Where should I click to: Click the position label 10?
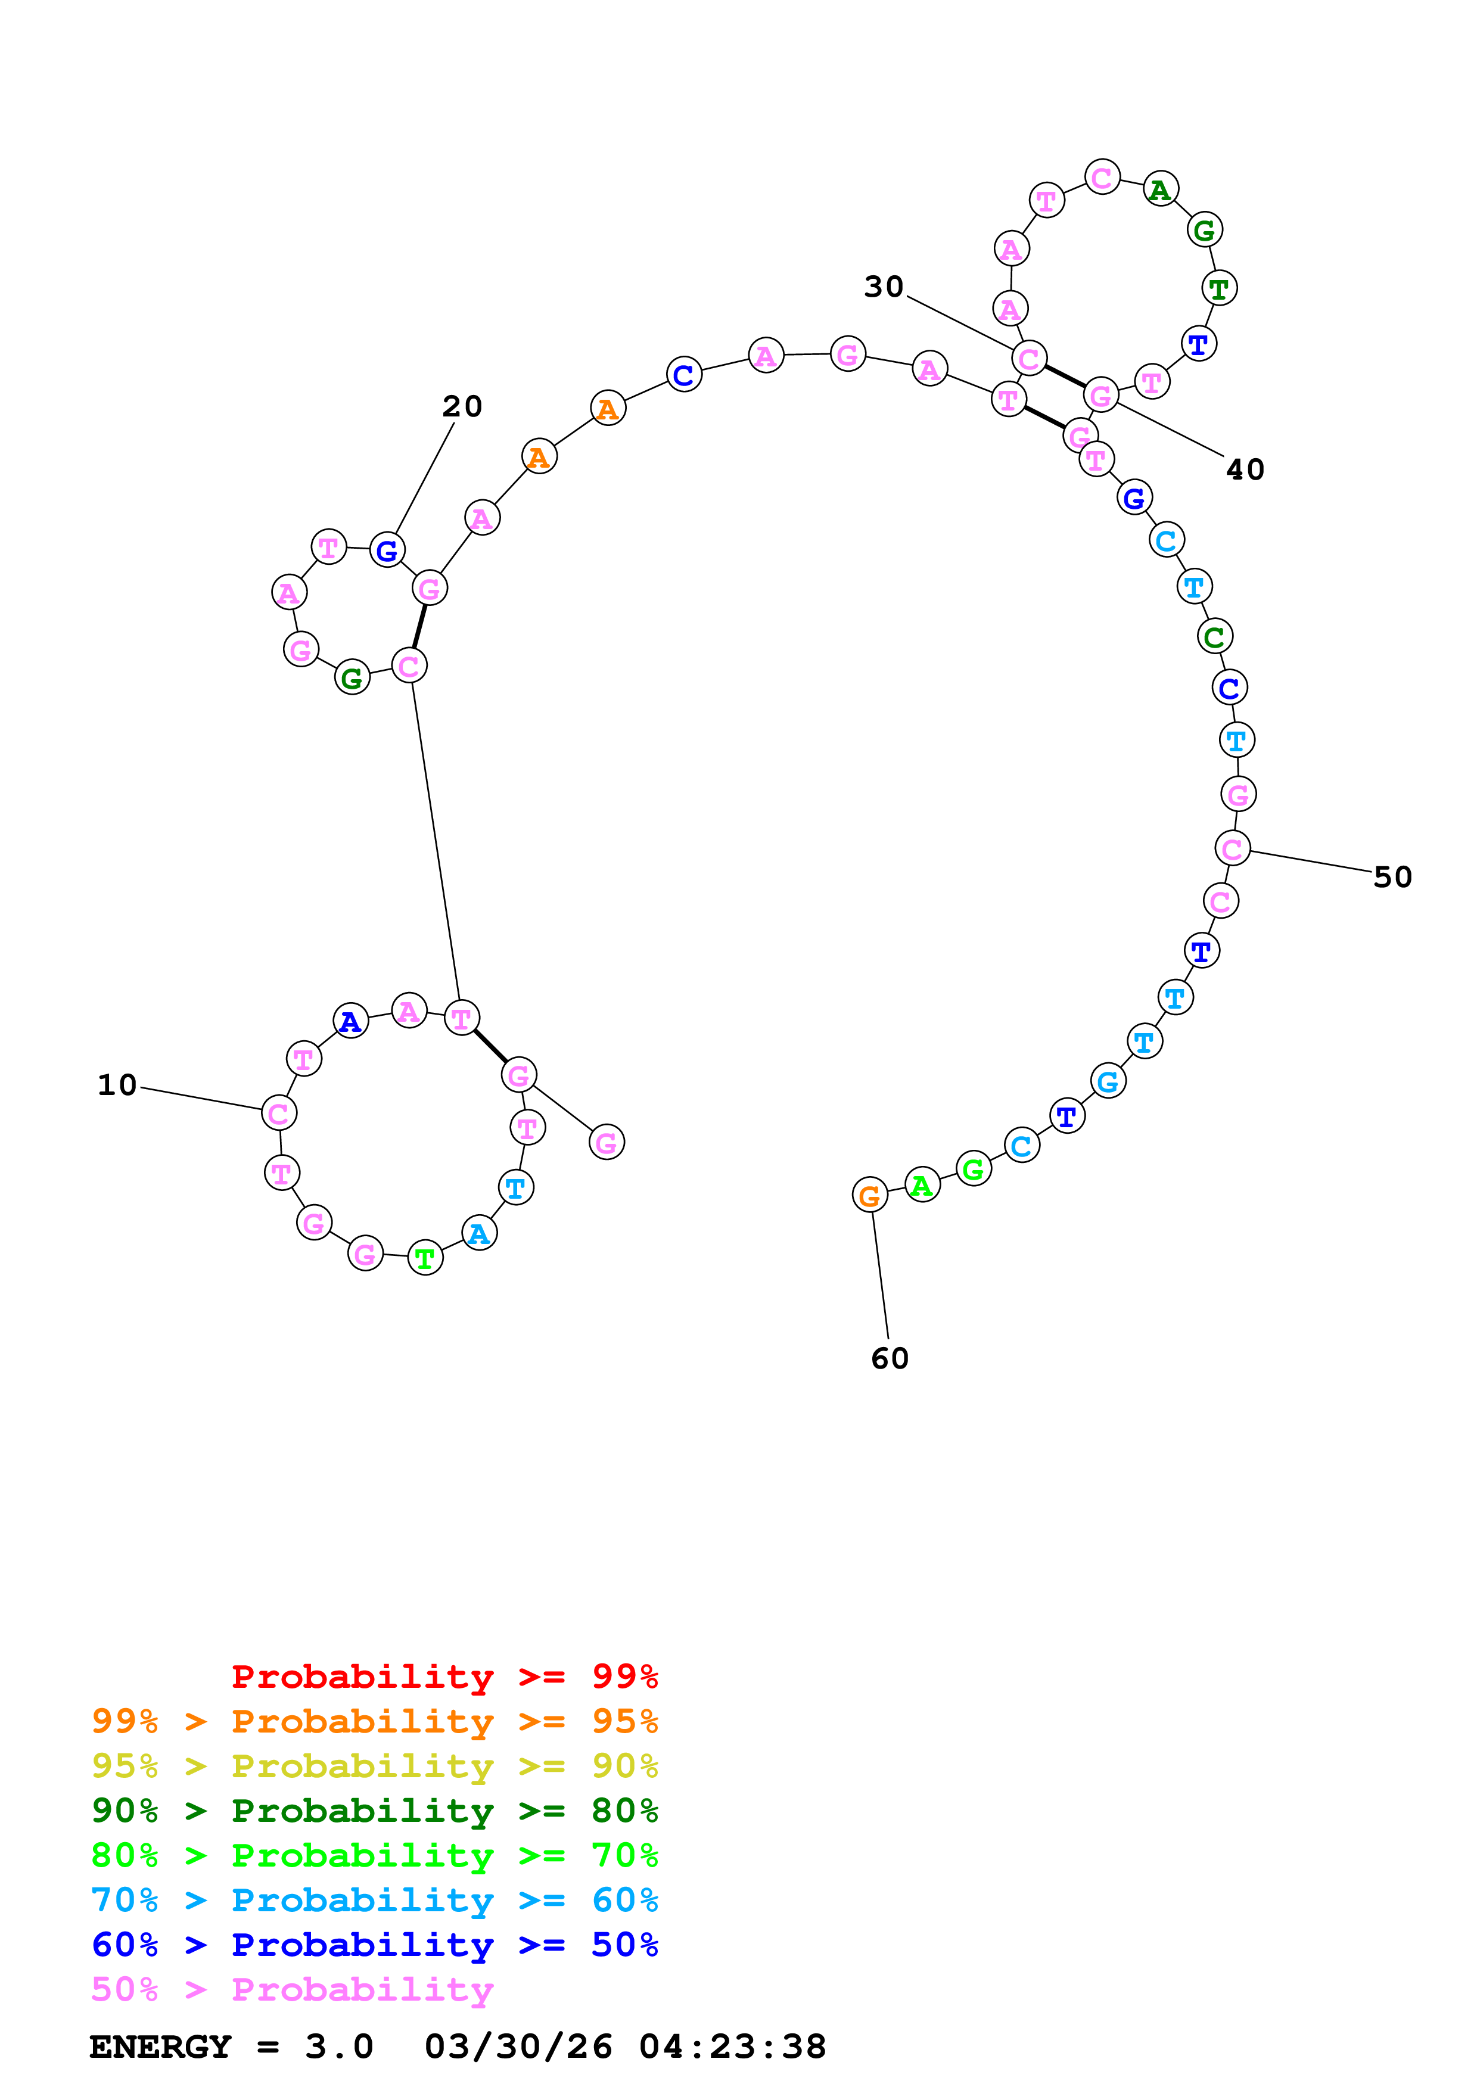tap(117, 1085)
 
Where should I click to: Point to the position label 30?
tap(883, 287)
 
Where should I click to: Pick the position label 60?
tap(889, 1359)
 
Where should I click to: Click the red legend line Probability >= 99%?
tap(444, 1677)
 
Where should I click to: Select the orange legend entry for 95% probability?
tap(374, 1721)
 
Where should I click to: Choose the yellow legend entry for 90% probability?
tap(374, 1766)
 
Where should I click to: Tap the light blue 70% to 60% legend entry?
tap(374, 1901)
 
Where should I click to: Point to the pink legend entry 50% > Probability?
tap(292, 1990)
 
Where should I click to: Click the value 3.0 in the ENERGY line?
tap(338, 2047)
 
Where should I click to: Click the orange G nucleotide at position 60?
tap(869, 1195)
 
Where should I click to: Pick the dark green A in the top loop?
tap(1159, 189)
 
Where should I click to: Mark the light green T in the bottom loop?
tap(425, 1258)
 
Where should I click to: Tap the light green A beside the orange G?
tap(922, 1185)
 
